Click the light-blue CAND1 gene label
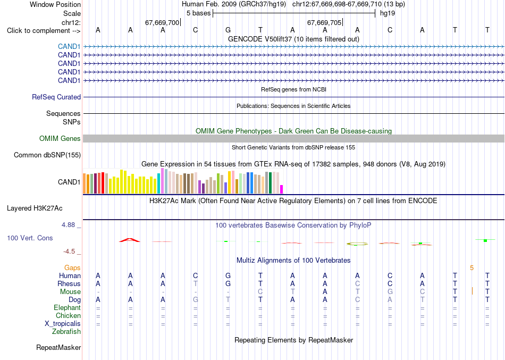pyautogui.click(x=69, y=47)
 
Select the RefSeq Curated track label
pyautogui.click(x=56, y=97)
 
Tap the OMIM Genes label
pyautogui.click(x=60, y=139)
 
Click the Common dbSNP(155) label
pyautogui.click(x=47, y=155)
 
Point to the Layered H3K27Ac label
pyautogui.click(x=35, y=208)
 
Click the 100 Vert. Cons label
pyautogui.click(x=30, y=238)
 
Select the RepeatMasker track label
pyautogui.click(x=58, y=347)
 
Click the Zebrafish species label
pyautogui.click(x=66, y=331)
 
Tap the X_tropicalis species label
pyautogui.click(x=63, y=324)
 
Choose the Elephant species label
pyautogui.click(x=67, y=307)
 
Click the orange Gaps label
pyautogui.click(x=72, y=268)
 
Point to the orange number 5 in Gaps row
pyautogui.click(x=472, y=268)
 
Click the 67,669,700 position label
pyautogui.click(x=162, y=22)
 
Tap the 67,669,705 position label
pyautogui.click(x=324, y=22)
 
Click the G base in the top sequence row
pyautogui.click(x=228, y=30)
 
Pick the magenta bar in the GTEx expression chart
pyautogui.click(x=282, y=189)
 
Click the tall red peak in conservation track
pyautogui.click(x=130, y=240)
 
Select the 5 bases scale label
pyautogui.click(x=198, y=13)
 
